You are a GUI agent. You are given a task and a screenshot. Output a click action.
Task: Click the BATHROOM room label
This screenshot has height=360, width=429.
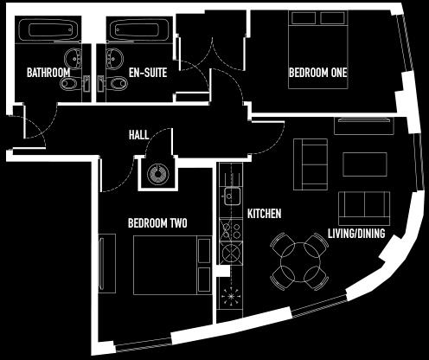(48, 73)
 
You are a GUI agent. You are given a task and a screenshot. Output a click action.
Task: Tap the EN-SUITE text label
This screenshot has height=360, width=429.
(148, 73)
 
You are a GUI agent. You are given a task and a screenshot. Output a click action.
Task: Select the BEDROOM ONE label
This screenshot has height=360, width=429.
(318, 73)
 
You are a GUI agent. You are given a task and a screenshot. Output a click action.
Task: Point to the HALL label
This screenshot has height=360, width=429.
(138, 135)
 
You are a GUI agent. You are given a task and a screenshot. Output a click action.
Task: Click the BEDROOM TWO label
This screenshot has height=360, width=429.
(157, 223)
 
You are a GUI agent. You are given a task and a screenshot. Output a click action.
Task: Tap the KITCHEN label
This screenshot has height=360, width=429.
(264, 214)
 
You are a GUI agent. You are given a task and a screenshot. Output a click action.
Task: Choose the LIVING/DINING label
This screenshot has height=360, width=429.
(356, 233)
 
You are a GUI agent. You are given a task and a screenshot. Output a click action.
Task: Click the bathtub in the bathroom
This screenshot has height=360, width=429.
(48, 29)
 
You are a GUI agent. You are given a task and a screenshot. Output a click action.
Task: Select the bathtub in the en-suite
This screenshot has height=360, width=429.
(139, 29)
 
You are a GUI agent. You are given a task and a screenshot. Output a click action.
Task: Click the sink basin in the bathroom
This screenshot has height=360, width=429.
(73, 59)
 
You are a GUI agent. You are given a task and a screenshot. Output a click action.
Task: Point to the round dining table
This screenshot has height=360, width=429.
(300, 262)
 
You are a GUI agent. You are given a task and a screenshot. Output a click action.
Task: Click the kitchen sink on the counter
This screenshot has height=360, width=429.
(231, 196)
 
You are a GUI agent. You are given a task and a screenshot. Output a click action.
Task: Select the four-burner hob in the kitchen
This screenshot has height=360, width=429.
(231, 229)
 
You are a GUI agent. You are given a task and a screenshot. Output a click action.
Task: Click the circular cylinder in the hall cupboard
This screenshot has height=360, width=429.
(157, 175)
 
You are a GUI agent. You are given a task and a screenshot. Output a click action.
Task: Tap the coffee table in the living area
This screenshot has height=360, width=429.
(365, 164)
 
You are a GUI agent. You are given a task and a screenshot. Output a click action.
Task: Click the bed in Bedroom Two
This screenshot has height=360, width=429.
(172, 265)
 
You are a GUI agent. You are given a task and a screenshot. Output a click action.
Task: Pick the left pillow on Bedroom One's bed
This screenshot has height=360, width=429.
(304, 18)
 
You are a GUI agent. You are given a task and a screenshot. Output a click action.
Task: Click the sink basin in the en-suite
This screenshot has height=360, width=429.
(115, 59)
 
